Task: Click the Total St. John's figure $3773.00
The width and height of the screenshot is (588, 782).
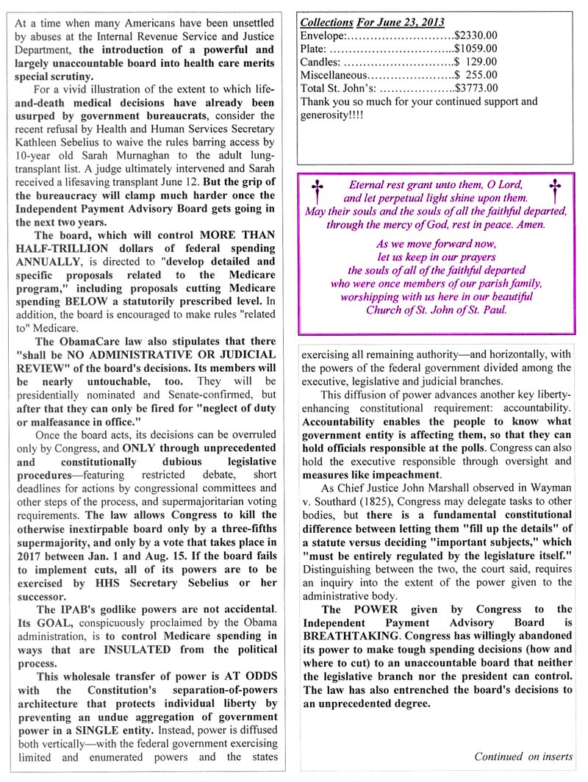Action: point(476,87)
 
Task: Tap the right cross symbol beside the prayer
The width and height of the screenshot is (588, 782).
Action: point(555,190)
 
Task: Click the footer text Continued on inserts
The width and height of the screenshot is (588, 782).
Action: point(523,756)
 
